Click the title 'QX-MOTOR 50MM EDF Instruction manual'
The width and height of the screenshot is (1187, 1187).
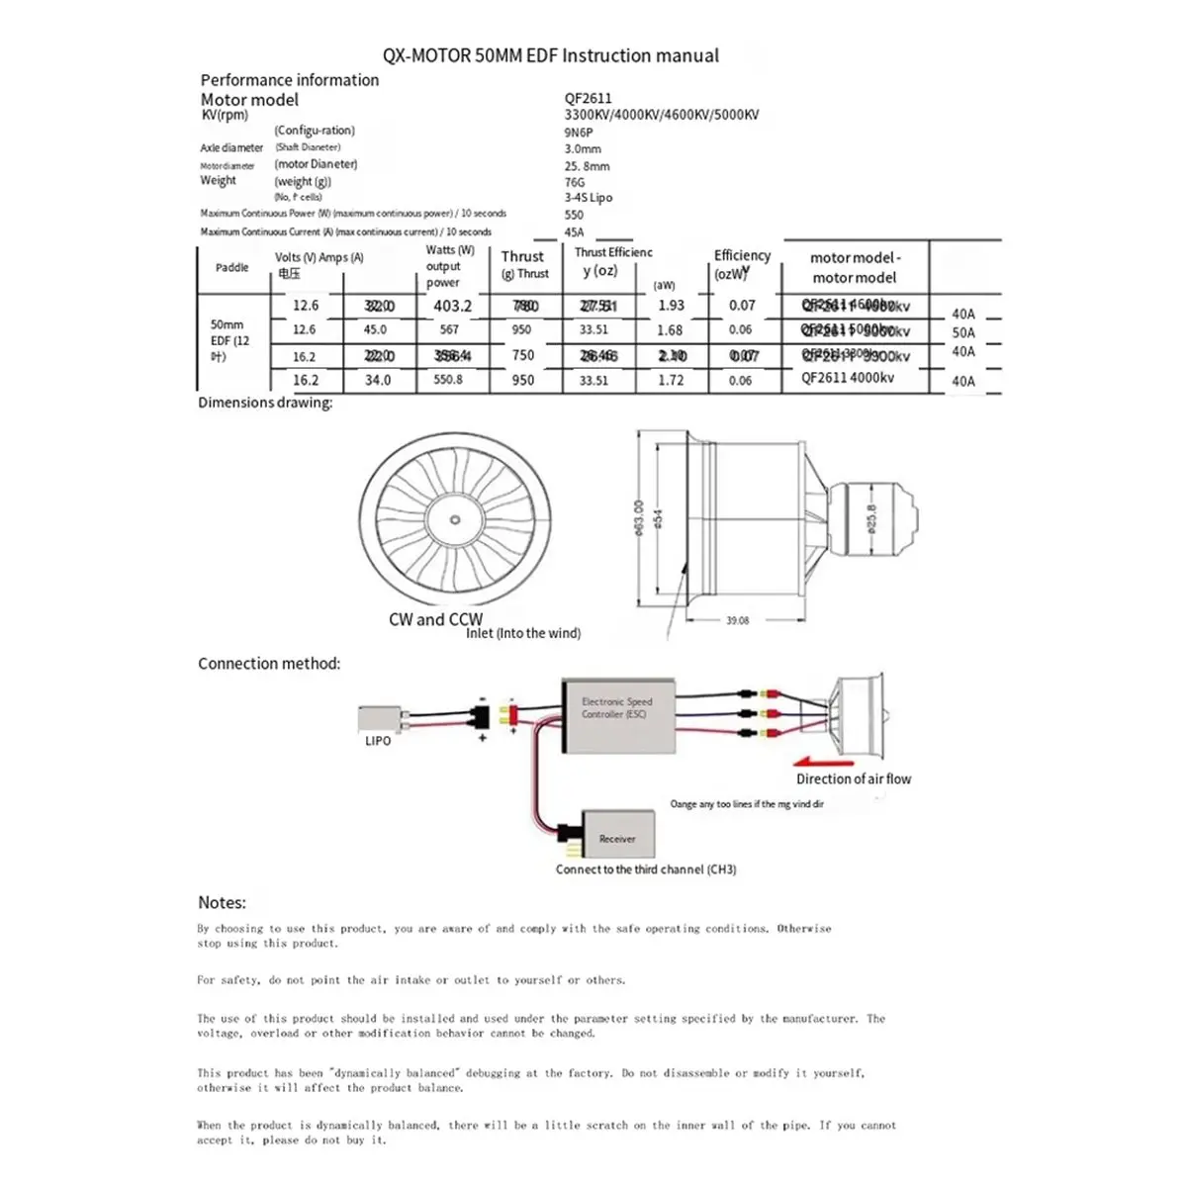(x=551, y=56)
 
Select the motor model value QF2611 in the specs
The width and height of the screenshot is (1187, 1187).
(x=588, y=98)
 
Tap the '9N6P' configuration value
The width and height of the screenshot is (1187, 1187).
(x=579, y=132)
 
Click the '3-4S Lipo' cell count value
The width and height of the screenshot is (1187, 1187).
(x=588, y=198)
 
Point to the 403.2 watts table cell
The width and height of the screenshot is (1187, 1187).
(x=452, y=307)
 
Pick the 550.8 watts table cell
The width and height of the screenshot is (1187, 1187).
(x=447, y=380)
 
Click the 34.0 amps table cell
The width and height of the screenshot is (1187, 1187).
(x=378, y=380)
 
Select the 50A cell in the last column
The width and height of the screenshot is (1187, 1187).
(x=962, y=332)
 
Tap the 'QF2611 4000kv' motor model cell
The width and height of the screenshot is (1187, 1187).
(x=848, y=378)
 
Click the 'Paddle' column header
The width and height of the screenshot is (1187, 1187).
(x=232, y=268)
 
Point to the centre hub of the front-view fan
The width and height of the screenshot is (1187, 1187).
(x=454, y=520)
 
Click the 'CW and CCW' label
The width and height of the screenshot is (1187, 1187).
(x=435, y=620)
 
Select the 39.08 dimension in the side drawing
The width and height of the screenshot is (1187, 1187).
(x=737, y=621)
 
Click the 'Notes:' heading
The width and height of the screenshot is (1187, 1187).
(x=222, y=902)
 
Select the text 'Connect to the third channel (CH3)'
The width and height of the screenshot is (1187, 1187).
(x=646, y=869)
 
